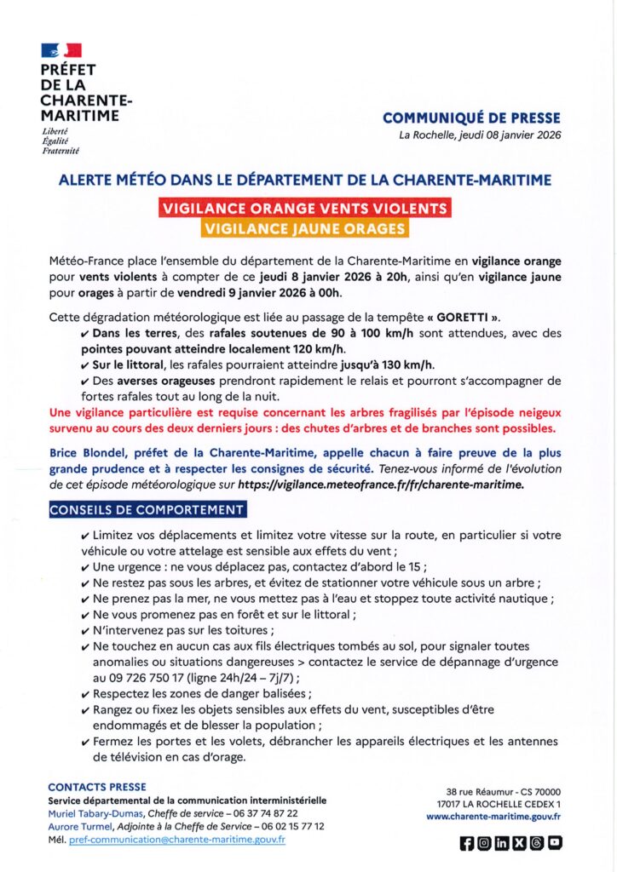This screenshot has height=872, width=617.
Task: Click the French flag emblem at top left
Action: (x=61, y=49)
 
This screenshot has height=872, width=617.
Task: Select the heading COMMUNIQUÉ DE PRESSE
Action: (x=471, y=118)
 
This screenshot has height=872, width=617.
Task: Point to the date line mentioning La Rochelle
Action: (x=480, y=136)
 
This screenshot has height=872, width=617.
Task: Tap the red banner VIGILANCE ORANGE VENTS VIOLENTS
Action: (x=304, y=209)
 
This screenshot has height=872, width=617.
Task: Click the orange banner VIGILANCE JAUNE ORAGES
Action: (x=304, y=228)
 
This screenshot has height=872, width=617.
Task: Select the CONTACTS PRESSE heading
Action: (x=97, y=787)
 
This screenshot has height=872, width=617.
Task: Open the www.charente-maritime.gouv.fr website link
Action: (x=493, y=816)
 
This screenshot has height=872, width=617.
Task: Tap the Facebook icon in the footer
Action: (x=466, y=843)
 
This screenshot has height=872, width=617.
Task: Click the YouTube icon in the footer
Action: (x=555, y=843)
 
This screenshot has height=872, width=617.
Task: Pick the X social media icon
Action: (x=519, y=843)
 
